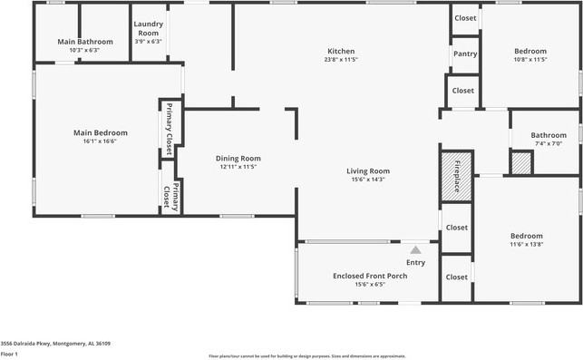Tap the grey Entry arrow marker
coord(415,249)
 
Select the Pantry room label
coord(465,54)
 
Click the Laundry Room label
coord(148,29)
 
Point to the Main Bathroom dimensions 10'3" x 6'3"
coord(85,51)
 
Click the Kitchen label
coord(341,51)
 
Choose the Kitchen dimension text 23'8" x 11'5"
coord(341,60)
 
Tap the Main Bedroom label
coord(100,132)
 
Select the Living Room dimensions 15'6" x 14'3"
coord(367,180)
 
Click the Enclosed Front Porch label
coord(370,276)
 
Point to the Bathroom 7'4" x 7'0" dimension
coord(549,143)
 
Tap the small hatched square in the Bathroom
coord(495,164)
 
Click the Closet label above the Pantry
coord(465,18)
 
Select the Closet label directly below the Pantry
coord(462,90)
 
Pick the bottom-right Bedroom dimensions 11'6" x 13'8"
coord(526,245)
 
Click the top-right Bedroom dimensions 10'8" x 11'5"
coord(530,60)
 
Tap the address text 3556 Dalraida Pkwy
coord(55,344)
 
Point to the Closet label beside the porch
coord(457,277)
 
